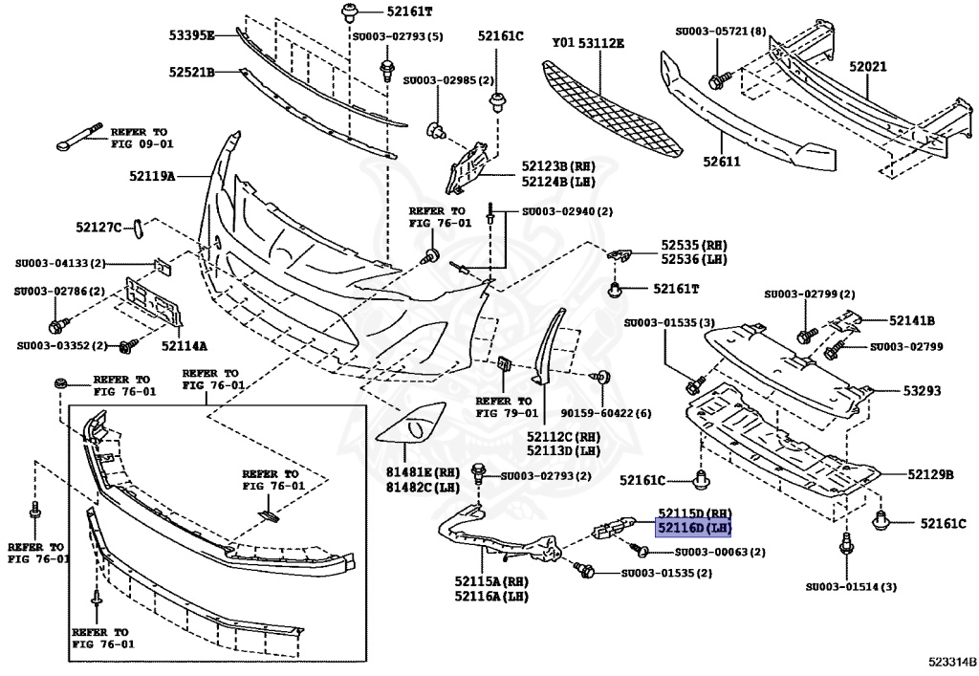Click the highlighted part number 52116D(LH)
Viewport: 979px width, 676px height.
point(693,528)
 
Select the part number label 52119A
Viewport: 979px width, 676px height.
point(152,176)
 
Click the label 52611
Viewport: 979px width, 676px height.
point(722,162)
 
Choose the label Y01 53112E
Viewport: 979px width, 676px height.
point(588,43)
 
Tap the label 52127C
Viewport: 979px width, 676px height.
point(99,227)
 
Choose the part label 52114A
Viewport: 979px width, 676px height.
point(184,345)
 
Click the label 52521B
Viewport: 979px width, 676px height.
point(191,72)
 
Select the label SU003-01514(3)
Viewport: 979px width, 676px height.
point(851,586)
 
